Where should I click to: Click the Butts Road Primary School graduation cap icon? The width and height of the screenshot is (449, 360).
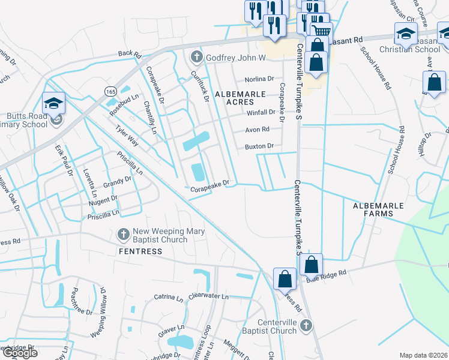pos(53,103)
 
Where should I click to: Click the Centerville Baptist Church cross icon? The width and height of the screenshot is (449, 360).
pos(306,325)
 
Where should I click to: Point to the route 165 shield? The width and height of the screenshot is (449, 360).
pos(110,91)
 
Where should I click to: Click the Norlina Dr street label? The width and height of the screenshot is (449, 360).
pos(259,79)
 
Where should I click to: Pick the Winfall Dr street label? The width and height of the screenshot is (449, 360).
pos(261,112)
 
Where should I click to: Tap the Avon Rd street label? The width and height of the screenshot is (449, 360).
pos(257,129)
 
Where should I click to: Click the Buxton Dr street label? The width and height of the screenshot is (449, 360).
pos(259,146)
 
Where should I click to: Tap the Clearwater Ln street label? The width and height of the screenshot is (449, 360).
pos(208,296)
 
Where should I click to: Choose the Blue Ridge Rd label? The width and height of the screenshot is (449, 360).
pos(327,274)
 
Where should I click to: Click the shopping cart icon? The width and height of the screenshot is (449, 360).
pos(322,30)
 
